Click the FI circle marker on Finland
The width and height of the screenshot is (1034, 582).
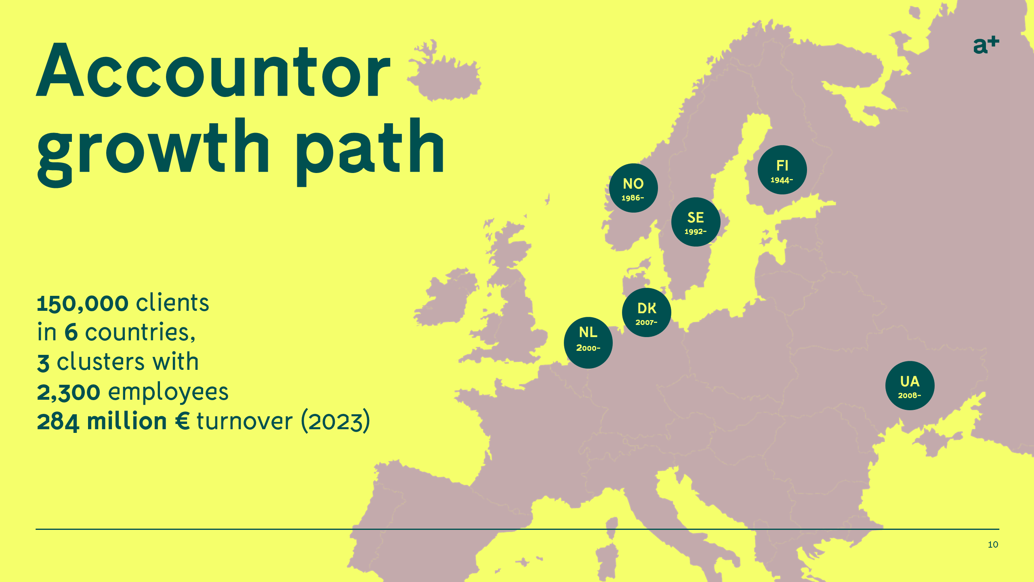pos(782,170)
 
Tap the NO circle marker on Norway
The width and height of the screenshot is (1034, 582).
pos(633,188)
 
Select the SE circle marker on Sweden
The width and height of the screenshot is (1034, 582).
pos(696,222)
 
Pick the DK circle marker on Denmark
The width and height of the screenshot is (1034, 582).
pos(647,312)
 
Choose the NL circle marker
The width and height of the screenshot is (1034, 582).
pos(588,343)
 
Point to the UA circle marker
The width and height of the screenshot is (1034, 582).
pos(910,386)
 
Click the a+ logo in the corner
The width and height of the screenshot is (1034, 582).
pos(986,45)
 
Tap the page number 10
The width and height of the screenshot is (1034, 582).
pos(993,544)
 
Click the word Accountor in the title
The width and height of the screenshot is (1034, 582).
pos(213,70)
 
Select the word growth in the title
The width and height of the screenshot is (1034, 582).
pos(153,152)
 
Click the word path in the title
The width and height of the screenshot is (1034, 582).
pos(370,152)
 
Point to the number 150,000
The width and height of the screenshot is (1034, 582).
pos(83,304)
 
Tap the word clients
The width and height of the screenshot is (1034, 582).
pos(172,302)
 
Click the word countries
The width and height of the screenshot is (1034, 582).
pos(140,333)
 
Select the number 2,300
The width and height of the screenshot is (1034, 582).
pos(69,392)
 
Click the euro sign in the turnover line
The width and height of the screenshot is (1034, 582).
pos(183,421)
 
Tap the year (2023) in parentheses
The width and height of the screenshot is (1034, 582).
pos(336,421)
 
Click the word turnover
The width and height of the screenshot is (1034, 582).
pos(245,421)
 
